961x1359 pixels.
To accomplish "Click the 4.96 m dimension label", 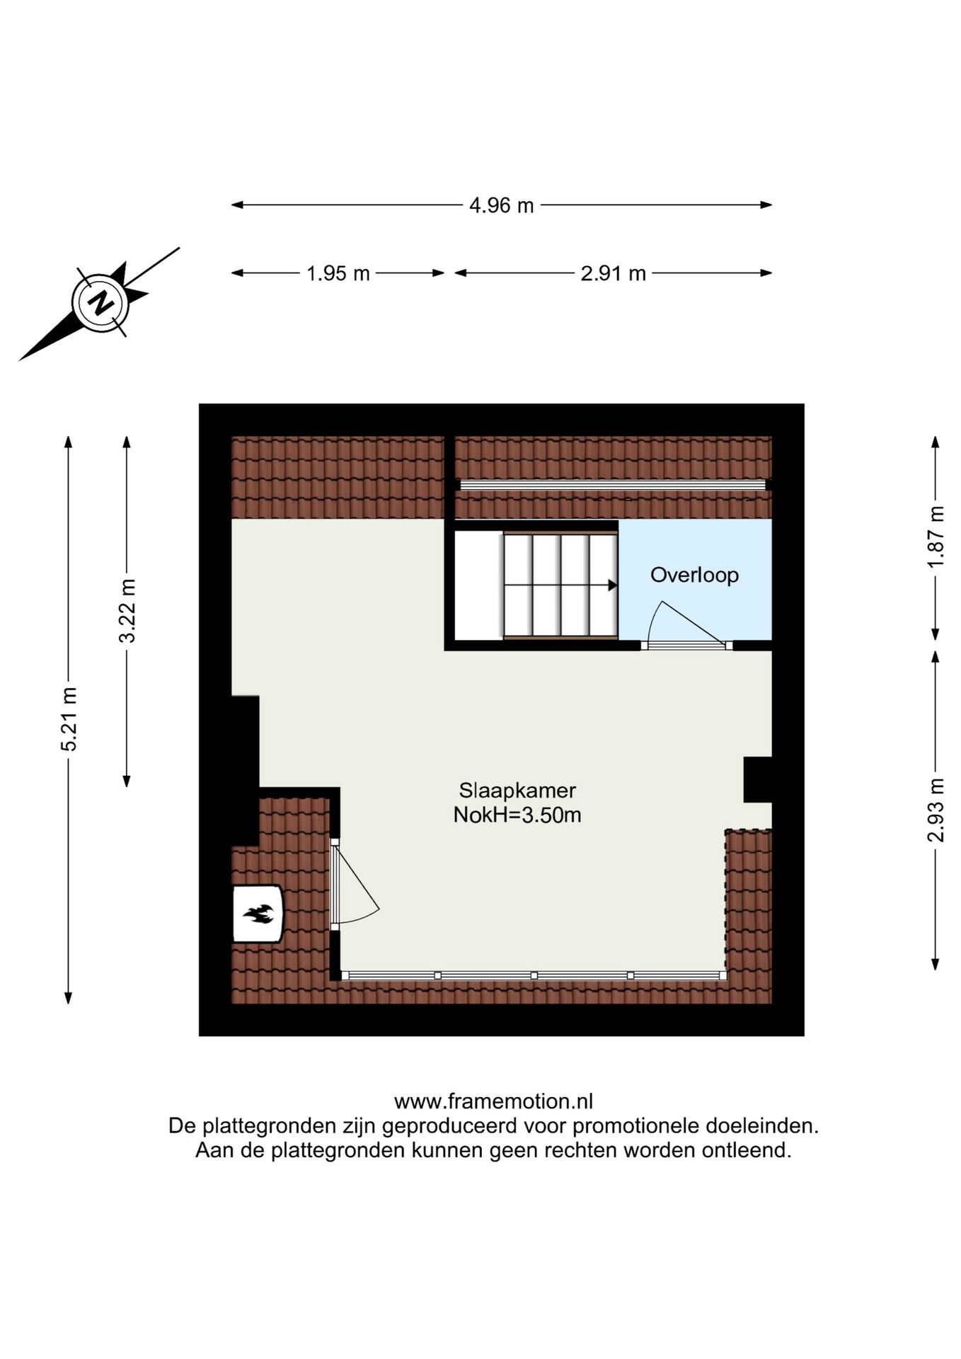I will coord(501,206).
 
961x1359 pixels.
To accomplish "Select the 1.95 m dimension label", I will coord(338,274).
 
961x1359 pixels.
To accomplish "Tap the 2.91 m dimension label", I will coord(613,274).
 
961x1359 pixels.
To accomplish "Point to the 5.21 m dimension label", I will coord(69,718).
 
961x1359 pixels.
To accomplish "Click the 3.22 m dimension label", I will coord(127,610).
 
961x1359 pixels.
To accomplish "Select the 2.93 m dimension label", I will coord(936,810).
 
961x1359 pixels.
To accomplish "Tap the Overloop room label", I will coord(694,575).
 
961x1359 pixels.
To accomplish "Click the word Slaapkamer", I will coord(517,790).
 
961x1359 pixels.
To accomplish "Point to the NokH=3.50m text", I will coord(517,815).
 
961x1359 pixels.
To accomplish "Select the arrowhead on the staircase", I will coord(612,585).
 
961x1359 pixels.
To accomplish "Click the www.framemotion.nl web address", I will coord(493,1101).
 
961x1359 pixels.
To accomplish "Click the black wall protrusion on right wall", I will coord(757,779).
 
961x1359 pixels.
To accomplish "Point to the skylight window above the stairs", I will coord(612,485).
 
